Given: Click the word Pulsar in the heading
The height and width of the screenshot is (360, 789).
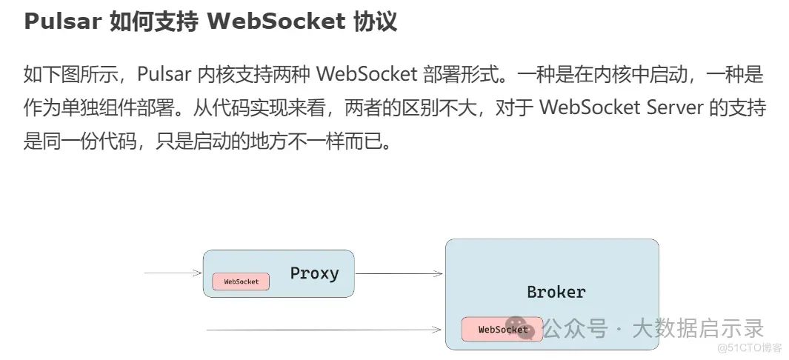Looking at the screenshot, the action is [62, 21].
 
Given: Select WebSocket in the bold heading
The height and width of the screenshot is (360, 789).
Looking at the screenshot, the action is [276, 21].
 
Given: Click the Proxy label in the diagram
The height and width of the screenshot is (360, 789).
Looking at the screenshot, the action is [315, 273].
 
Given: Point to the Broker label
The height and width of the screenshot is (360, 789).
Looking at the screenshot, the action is [556, 292].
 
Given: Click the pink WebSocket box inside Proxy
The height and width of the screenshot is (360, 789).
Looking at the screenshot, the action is [241, 281].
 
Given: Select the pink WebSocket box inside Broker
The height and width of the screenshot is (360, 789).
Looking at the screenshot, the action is [502, 330].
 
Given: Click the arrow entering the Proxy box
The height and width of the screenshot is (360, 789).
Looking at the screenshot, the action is [173, 273].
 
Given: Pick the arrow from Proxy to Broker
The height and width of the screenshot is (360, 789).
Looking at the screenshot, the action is [399, 273].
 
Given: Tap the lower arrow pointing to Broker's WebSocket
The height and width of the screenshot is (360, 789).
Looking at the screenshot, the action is [324, 330].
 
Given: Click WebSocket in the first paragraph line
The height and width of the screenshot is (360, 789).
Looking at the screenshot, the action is [367, 74].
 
